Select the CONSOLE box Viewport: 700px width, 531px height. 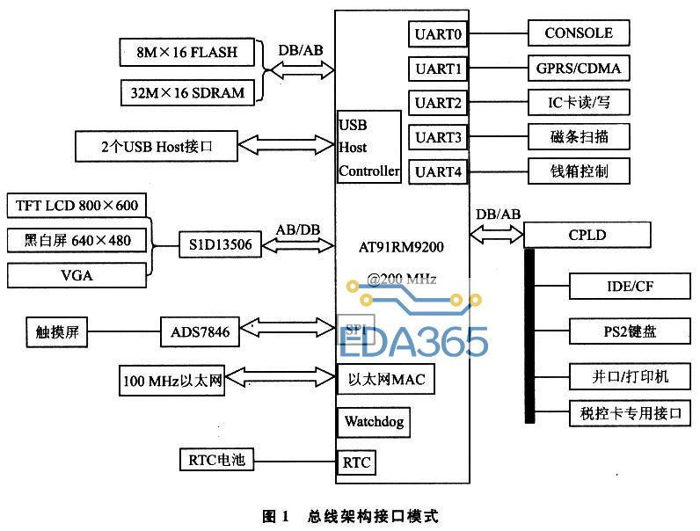pos(578,34)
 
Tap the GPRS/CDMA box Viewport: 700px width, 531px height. pos(578,68)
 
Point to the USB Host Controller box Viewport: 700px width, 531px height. pos(368,147)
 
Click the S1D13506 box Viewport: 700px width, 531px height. pos(220,245)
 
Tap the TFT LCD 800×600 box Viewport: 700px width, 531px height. pos(77,207)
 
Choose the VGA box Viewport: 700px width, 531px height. pos(77,275)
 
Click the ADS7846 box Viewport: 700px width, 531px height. pos(200,332)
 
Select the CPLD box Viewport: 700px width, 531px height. pos(587,236)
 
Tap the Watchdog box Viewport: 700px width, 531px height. pos(373,422)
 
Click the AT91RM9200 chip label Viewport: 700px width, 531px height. pos(402,247)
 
